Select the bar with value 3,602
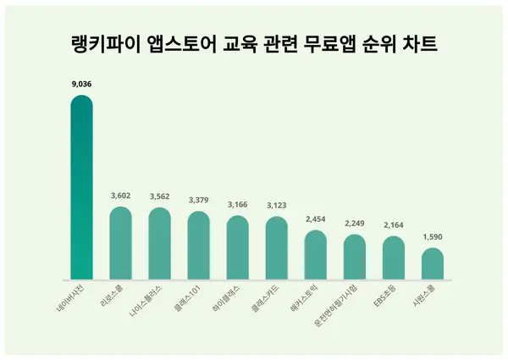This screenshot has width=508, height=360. [x=121, y=242]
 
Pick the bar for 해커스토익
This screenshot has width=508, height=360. [x=315, y=254]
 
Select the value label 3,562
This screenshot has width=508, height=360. [x=159, y=197]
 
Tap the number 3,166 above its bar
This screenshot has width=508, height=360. [x=237, y=205]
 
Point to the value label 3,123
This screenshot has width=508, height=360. [x=276, y=206]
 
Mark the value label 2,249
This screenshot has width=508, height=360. [x=354, y=224]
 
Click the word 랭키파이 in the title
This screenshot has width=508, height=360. [x=99, y=43]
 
